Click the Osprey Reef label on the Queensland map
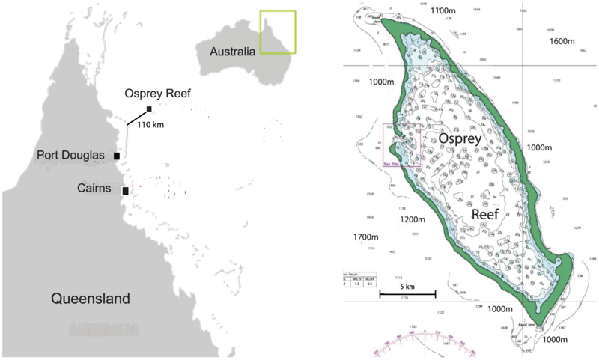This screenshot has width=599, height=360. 158,94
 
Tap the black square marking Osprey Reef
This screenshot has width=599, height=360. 150,109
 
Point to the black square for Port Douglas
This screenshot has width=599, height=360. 117,156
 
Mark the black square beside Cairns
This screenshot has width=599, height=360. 125,191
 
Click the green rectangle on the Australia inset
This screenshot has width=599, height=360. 277,32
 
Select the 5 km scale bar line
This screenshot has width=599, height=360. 407,295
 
